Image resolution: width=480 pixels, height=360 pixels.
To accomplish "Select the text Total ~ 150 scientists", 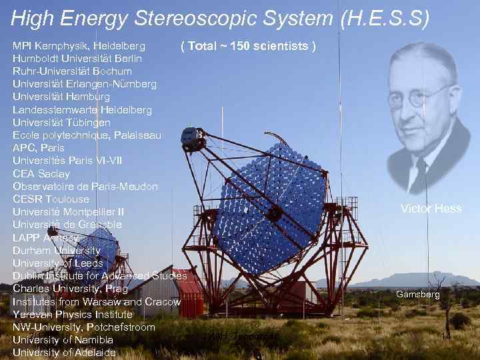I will coord(248,46).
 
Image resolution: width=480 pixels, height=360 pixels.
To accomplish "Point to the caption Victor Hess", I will coord(431,209).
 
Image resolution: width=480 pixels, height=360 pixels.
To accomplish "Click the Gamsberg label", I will coord(418,294).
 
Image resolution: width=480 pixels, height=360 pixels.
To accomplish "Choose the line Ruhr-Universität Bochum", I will coord(72,71).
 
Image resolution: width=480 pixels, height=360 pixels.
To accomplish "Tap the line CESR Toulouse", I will coord(51,199).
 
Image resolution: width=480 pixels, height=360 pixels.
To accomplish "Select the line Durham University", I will coord(57,251).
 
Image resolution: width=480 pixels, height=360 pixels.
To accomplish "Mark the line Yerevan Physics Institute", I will coord(73,314).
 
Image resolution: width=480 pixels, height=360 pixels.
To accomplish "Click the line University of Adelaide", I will coord(63,353).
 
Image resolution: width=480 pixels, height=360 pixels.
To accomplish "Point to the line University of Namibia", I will coord(63,340).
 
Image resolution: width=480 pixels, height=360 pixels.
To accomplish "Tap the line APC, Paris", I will coord(39,148).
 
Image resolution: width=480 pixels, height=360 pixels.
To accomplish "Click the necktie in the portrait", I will coord(419,171).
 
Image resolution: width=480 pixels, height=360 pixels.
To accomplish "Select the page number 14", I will coord(446,337).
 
